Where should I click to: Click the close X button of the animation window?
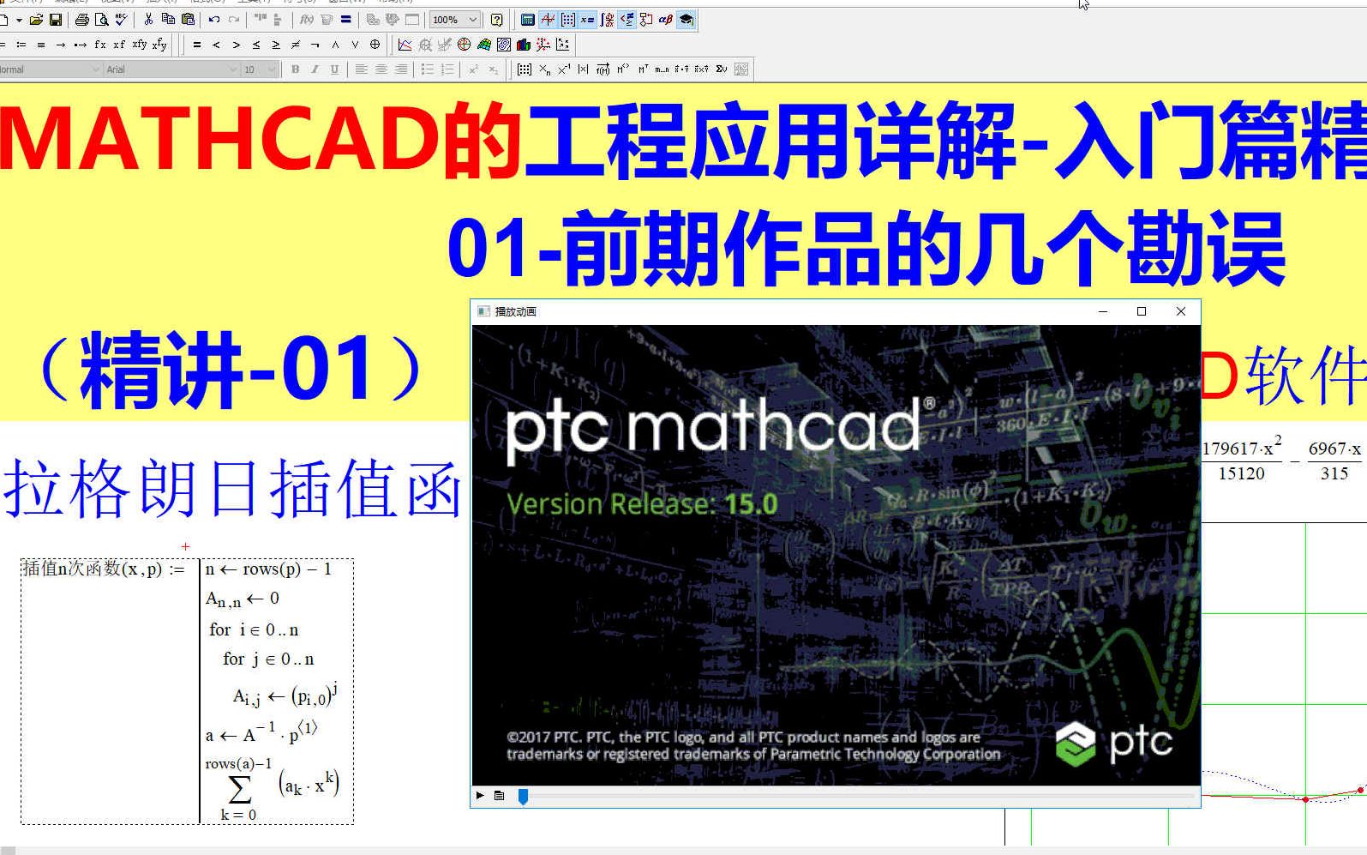coord(1180,311)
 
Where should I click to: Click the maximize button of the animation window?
coord(1141,311)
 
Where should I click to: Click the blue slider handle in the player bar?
coord(523,797)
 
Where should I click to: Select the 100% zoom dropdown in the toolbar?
coord(454,20)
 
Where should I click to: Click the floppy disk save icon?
coord(56,20)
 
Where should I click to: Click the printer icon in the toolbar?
coord(81,20)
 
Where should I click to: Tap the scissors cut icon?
coord(148,20)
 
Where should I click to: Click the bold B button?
coord(296,69)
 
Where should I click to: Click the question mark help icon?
coord(497,20)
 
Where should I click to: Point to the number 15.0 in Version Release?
coord(752,504)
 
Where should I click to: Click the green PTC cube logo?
coord(1075,744)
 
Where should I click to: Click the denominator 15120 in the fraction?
coord(1241,473)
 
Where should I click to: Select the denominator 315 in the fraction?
coord(1334,473)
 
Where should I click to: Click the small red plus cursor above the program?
coord(185,546)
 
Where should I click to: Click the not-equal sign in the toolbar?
coord(296,45)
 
